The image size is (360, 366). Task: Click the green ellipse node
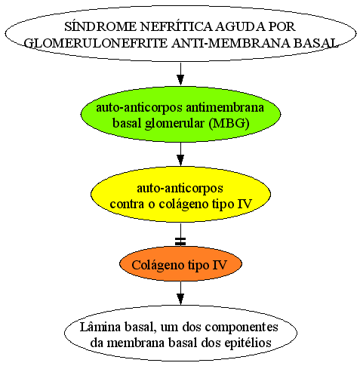pyautogui.click(x=180, y=114)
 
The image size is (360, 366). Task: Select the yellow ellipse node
pyautogui.click(x=180, y=194)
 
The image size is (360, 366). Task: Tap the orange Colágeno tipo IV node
pyautogui.click(x=180, y=263)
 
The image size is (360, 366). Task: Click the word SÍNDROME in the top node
pyautogui.click(x=100, y=26)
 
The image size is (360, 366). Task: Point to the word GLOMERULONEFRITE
pyautogui.click(x=96, y=43)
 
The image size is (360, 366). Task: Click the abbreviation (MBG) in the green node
pyautogui.click(x=229, y=123)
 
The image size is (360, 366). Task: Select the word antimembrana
pyautogui.click(x=225, y=107)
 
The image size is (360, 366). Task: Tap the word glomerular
pyautogui.click(x=175, y=124)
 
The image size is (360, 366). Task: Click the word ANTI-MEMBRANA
pyautogui.click(x=231, y=43)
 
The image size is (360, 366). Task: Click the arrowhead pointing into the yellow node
pyautogui.click(x=180, y=160)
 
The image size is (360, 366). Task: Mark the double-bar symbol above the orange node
pyautogui.click(x=180, y=241)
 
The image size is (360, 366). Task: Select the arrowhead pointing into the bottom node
pyautogui.click(x=180, y=300)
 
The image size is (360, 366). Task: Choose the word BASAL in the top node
pyautogui.click(x=315, y=43)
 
